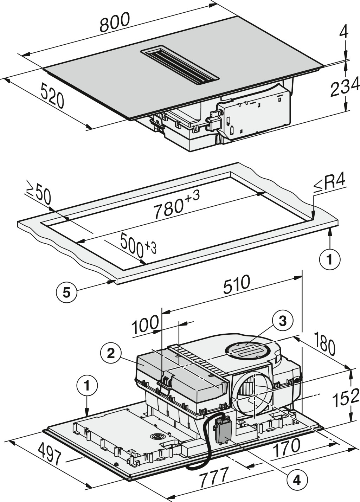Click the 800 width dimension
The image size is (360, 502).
click(x=115, y=22)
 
